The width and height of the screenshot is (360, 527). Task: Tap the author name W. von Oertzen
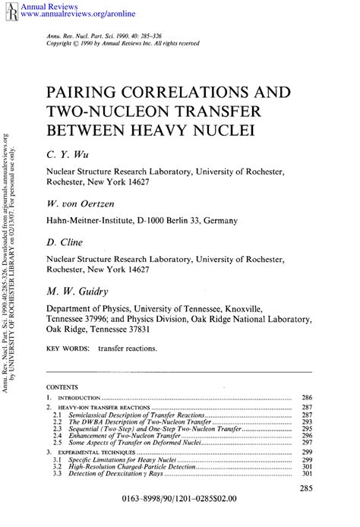pyautogui.click(x=81, y=204)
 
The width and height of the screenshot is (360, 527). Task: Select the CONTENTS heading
pyautogui.click(x=67, y=386)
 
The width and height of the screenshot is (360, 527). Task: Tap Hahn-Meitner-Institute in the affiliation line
pyautogui.click(x=98, y=221)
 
